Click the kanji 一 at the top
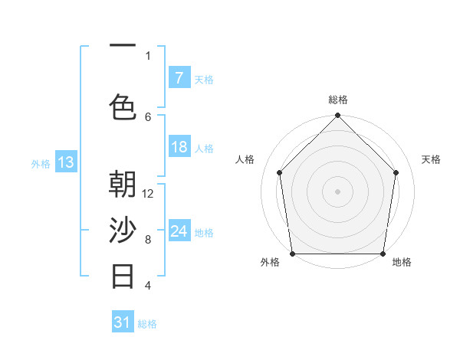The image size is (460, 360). pyautogui.click(x=123, y=47)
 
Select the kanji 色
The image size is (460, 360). pyautogui.click(x=123, y=106)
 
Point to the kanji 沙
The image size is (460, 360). pyautogui.click(x=123, y=231)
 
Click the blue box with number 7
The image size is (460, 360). pyautogui.click(x=179, y=78)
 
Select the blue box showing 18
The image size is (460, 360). pyautogui.click(x=179, y=147)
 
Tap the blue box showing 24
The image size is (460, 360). pyautogui.click(x=179, y=231)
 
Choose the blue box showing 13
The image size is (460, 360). pyautogui.click(x=66, y=162)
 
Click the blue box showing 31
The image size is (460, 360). pyautogui.click(x=123, y=322)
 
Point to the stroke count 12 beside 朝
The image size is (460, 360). pyautogui.click(x=149, y=194)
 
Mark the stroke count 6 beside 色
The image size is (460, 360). pyautogui.click(x=148, y=116)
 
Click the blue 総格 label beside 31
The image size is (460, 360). pyautogui.click(x=147, y=324)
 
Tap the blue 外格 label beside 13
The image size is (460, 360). pyautogui.click(x=41, y=163)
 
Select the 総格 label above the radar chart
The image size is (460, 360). pyautogui.click(x=338, y=100)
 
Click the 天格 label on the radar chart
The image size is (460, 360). pyautogui.click(x=431, y=159)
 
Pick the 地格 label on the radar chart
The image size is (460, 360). pyautogui.click(x=402, y=262)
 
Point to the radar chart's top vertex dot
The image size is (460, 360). pyautogui.click(x=338, y=116)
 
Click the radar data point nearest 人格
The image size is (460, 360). pyautogui.click(x=280, y=172)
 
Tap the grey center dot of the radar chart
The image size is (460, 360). pyautogui.click(x=338, y=191)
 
